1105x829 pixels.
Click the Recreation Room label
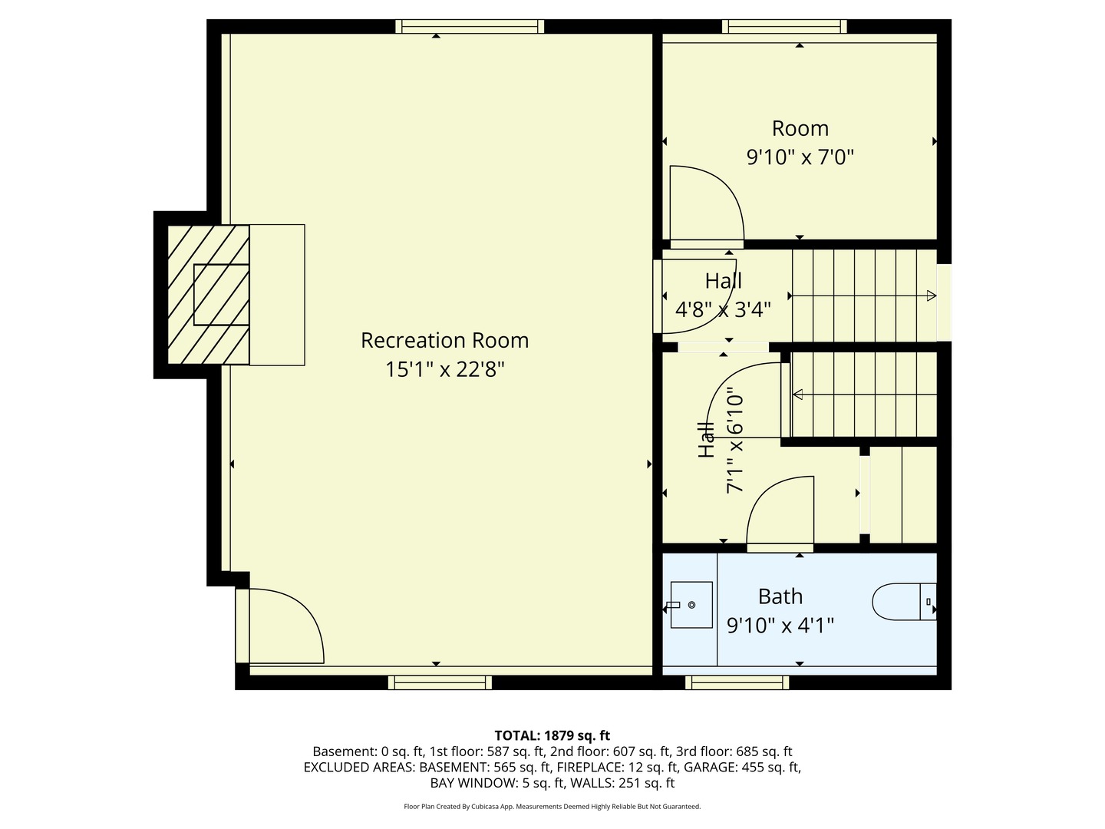[444, 340]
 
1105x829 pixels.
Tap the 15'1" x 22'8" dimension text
[444, 369]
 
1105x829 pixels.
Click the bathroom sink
[691, 605]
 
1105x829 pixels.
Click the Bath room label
[780, 596]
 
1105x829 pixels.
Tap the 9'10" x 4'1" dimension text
[780, 626]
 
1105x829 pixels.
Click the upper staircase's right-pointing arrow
[931, 296]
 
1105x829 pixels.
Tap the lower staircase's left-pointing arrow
[798, 395]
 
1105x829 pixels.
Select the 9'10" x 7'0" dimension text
[800, 157]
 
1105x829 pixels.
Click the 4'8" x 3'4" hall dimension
[723, 309]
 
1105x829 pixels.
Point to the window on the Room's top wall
[784, 27]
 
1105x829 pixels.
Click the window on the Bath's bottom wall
[737, 682]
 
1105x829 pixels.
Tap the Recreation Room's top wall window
[470, 27]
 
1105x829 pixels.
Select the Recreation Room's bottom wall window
[440, 682]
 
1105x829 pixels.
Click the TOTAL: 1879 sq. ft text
[552, 735]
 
